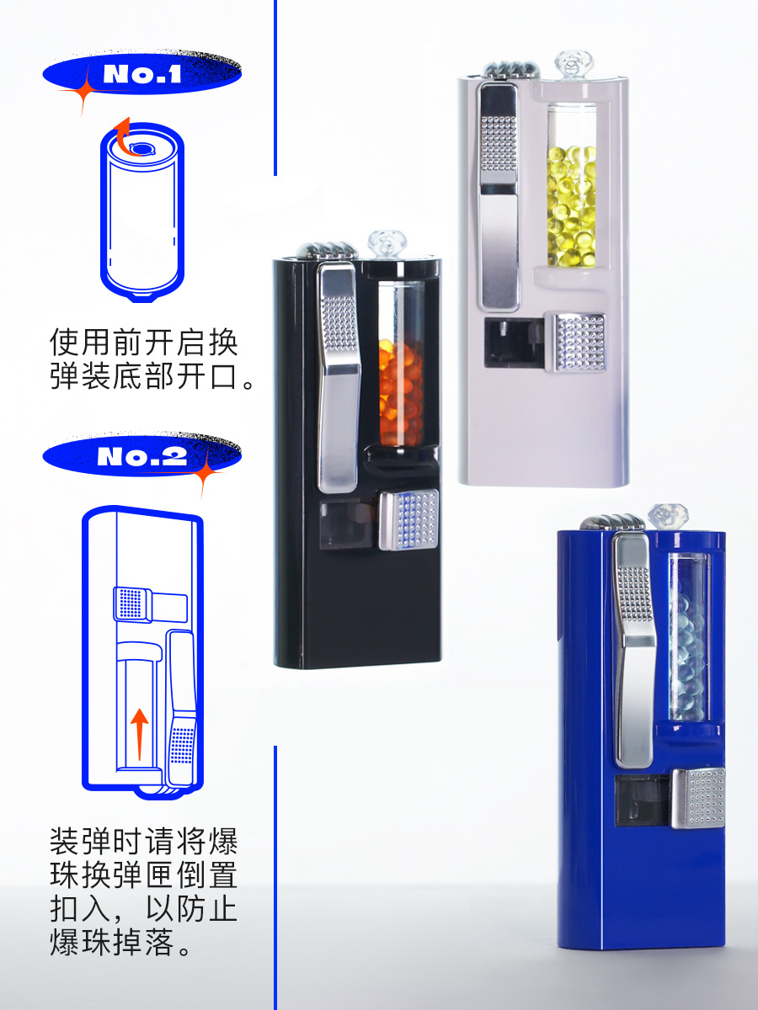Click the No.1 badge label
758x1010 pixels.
(141, 74)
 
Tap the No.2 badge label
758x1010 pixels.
(141, 456)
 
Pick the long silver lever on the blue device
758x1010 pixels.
(633, 648)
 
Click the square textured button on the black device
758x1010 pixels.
(408, 519)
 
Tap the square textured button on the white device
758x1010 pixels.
(577, 341)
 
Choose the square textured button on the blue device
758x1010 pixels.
(697, 797)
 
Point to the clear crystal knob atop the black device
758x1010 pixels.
(386, 244)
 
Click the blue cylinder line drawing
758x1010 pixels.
(142, 210)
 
